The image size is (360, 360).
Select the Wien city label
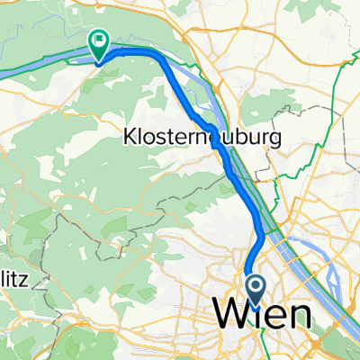click(x=262, y=314)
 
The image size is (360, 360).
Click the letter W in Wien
click(x=229, y=314)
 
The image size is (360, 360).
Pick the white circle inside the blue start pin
click(x=255, y=287)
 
